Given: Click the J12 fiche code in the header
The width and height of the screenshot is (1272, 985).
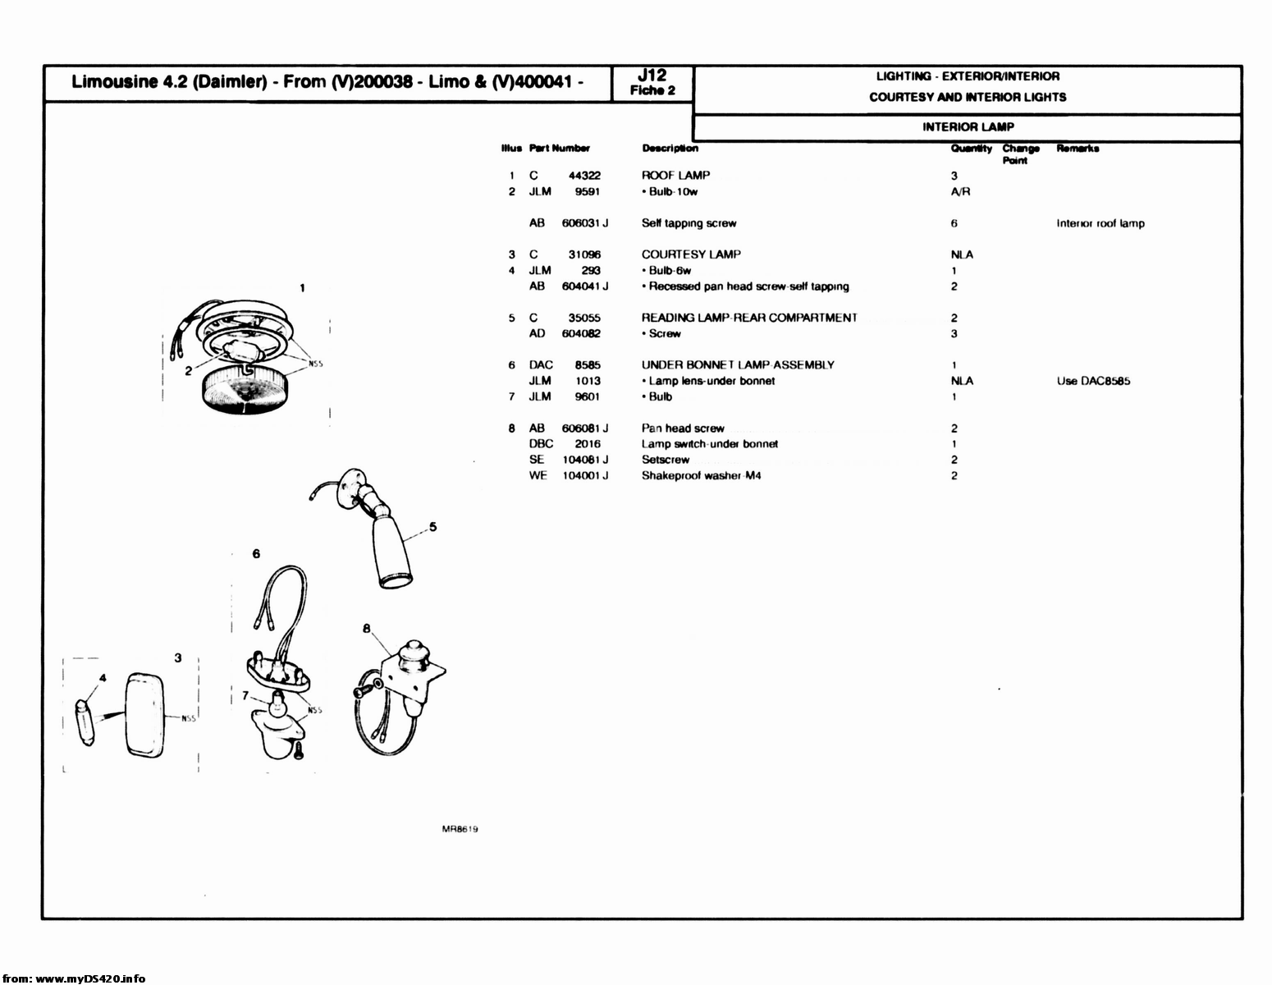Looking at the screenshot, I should click(652, 76).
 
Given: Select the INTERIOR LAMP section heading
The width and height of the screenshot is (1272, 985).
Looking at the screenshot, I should click(968, 127).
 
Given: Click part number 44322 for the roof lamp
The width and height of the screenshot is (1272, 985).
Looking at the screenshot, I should click(584, 176).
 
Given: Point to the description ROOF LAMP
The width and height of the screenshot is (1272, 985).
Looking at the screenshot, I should click(675, 176).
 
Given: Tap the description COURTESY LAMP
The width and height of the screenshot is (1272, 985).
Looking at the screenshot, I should click(690, 254).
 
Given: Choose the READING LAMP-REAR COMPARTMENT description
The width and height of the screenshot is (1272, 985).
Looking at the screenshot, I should click(748, 318).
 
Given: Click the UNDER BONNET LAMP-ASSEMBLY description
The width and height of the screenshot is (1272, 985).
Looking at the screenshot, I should click(737, 365).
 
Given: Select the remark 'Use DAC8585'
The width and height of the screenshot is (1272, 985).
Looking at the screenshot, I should click(1093, 381).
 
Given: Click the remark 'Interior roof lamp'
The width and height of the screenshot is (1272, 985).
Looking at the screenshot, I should click(1100, 223).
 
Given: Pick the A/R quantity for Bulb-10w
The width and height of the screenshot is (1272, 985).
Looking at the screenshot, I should click(959, 192).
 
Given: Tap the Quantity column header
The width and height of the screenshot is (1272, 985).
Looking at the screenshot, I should click(971, 149).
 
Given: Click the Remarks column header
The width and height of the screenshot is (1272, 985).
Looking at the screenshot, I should click(1077, 149).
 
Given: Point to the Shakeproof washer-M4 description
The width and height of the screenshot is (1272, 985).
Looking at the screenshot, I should click(701, 476).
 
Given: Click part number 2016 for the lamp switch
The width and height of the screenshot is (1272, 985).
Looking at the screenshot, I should click(587, 444).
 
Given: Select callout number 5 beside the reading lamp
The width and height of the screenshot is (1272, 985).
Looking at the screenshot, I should click(432, 527).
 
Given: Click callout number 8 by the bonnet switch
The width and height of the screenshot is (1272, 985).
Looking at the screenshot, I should click(367, 629).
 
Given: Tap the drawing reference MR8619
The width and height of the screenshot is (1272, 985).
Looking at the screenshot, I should click(460, 829).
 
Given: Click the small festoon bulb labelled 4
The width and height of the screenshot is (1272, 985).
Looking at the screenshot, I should click(85, 722).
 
